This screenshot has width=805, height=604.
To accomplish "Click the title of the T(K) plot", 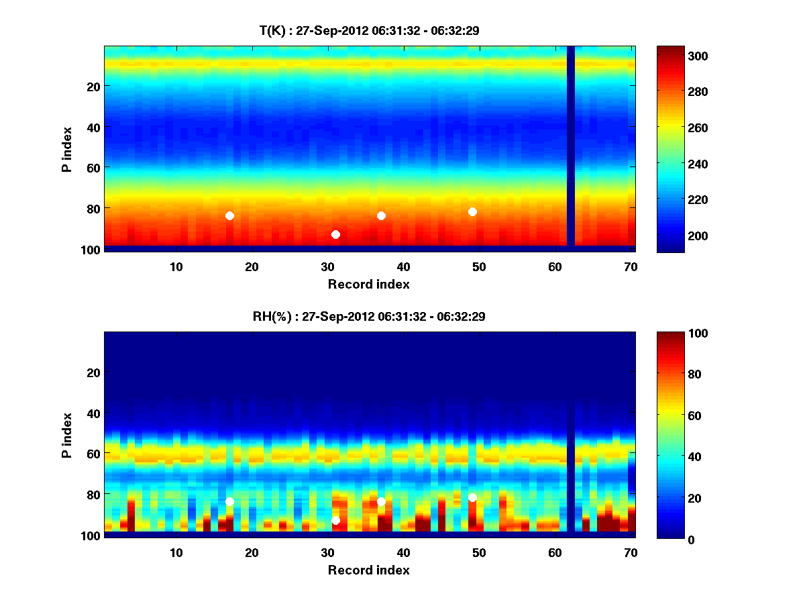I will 369,30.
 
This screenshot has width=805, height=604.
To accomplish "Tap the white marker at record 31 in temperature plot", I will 335,234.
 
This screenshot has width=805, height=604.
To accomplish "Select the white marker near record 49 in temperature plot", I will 472,211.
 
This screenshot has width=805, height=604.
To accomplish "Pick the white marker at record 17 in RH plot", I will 229,501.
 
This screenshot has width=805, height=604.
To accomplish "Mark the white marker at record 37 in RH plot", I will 381,501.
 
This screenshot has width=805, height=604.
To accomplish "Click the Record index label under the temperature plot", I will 368,284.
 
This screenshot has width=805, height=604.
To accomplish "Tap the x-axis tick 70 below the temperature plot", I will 631,266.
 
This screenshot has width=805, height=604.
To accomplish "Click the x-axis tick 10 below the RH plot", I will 176,552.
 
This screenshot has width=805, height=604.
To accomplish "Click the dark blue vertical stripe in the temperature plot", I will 571,144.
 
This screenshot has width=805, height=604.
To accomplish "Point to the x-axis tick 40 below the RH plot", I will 403,552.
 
